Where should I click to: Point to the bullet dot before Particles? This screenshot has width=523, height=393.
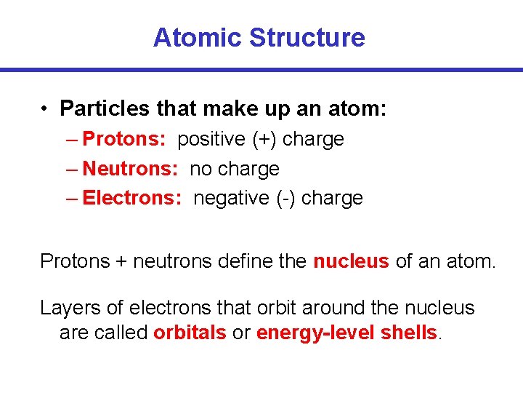click(45, 109)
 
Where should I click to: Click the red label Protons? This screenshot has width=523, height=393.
click(125, 139)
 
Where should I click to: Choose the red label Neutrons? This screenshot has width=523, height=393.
click(131, 169)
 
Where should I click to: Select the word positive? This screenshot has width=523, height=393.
click(211, 139)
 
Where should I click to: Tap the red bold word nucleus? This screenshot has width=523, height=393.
click(351, 261)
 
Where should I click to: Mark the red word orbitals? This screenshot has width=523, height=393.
click(190, 333)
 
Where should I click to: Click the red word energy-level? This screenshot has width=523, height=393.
click(316, 333)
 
